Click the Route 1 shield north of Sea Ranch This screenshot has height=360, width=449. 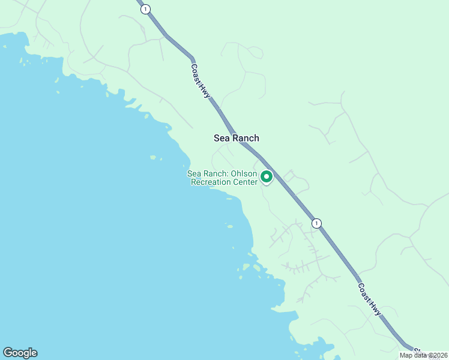pos(145,9)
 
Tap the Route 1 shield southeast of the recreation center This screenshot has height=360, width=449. pos(316,223)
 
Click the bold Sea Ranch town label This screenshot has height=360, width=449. pos(237,138)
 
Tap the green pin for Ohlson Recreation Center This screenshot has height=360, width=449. pos(267,177)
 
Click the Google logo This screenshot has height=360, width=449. pos(20,353)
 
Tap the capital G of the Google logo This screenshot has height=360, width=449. pos(7,353)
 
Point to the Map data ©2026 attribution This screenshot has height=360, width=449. pos(423,355)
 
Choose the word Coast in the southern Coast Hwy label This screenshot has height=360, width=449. pos(365,292)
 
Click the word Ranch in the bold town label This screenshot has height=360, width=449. pos(246,138)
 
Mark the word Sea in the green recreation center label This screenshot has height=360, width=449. pos(193,174)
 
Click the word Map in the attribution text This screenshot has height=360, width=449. pos(406,355)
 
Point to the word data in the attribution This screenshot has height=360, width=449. pos(420,355)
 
